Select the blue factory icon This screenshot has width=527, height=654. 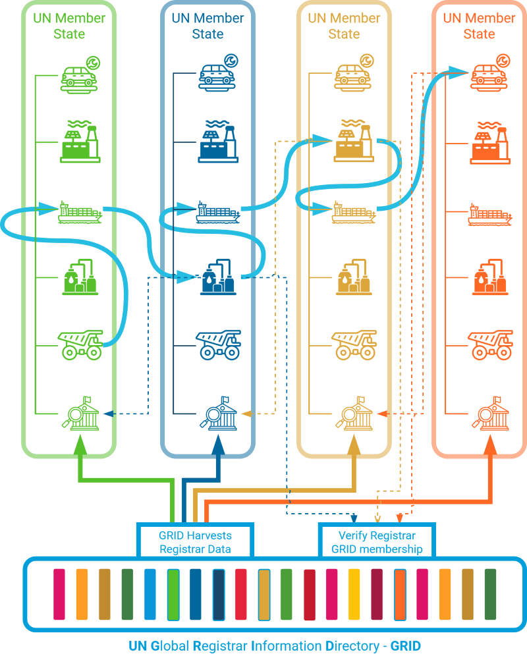pos(217,142)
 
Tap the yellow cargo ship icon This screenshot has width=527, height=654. pos(353,212)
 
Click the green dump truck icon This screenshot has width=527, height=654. pos(80,344)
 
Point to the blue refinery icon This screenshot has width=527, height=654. pos(217,279)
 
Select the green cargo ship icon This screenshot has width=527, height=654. pos(80,211)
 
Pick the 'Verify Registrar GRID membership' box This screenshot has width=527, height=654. pos(376,541)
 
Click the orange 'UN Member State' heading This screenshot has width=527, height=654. pos(479,26)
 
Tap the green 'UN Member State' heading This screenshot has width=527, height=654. pos(69,26)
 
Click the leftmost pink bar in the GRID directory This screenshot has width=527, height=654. pos(59,595)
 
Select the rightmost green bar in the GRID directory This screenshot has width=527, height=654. pos(490,595)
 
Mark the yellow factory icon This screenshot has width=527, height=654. pos(354,141)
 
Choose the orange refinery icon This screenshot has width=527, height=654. pos(490,278)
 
